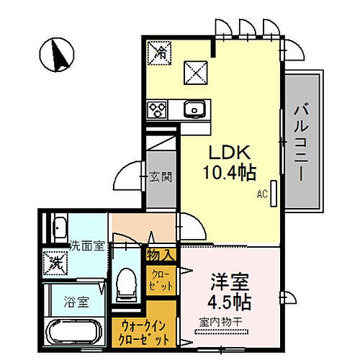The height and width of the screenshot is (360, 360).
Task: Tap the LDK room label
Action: (x=229, y=153)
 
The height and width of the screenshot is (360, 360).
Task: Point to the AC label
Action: (x=262, y=194)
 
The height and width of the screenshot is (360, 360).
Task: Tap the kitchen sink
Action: (x=194, y=109)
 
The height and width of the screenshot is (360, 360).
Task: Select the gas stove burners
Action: (x=158, y=109)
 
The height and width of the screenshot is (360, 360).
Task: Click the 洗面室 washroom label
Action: (x=86, y=246)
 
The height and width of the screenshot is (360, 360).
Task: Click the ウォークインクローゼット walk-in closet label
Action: (x=141, y=332)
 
